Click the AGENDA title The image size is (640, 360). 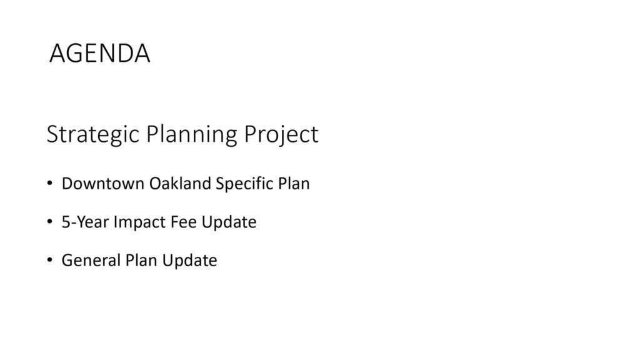pos(99,53)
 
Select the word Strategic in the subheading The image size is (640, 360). pos(93,135)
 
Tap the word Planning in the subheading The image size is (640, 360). pos(191,135)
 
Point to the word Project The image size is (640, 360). pos(281,135)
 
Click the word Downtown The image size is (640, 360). pos(103,184)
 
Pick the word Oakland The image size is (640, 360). pos(180,184)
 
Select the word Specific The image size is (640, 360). pos(244,184)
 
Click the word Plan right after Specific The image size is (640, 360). pos(294,184)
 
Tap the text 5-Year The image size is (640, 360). pos(85,222)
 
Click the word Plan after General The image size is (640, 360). pos(141,261)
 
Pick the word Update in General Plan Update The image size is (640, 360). pos(190,261)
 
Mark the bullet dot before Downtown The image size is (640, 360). pos(50,183)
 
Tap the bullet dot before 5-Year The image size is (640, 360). pos(50,222)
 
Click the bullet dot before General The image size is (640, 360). pos(50,260)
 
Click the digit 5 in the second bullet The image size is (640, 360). pos(66,222)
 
